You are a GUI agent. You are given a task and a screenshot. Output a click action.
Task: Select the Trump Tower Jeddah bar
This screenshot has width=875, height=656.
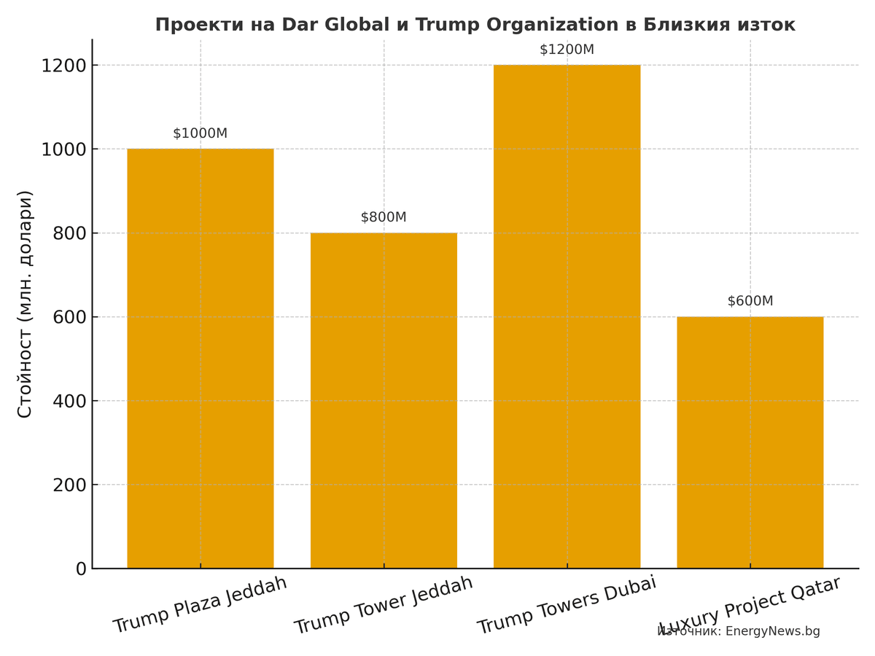384,400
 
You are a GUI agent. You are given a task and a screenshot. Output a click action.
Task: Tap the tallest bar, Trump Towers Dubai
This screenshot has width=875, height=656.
567,316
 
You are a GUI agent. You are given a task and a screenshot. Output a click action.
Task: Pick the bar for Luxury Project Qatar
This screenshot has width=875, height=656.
750,442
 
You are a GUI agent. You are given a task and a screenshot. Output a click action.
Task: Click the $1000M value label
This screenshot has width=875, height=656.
200,133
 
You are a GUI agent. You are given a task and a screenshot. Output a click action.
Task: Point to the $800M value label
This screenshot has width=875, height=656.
384,217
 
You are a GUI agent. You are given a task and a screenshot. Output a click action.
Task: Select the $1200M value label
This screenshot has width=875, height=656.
567,50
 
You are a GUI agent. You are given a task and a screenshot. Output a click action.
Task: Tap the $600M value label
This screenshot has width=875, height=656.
750,301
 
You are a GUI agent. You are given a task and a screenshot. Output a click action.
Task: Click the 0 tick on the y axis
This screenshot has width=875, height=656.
81,569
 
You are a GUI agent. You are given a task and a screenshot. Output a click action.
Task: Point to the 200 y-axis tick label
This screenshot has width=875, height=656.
69,485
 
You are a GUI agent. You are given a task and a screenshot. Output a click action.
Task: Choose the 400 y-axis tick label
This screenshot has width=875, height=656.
69,401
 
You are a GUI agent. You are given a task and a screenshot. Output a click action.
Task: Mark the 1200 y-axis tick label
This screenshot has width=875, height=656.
63,66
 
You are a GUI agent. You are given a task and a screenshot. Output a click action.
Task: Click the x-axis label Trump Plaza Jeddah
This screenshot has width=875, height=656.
201,605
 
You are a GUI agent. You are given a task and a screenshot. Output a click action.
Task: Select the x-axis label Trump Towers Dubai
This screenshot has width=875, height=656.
567,605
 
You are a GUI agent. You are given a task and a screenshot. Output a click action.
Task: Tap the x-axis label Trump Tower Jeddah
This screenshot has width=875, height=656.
384,605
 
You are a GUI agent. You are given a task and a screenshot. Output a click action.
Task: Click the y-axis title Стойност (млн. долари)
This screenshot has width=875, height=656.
25,304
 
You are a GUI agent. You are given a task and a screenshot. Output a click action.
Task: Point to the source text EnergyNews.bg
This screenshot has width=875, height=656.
772,631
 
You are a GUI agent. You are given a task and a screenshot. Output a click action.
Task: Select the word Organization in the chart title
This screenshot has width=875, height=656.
553,25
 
